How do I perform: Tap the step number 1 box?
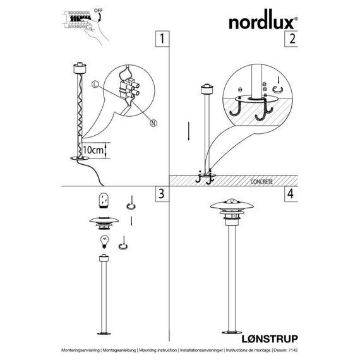[162, 39]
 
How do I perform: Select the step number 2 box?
[291, 39]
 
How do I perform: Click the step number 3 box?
[162, 194]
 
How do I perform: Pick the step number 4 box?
[291, 194]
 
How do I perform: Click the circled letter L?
[95, 84]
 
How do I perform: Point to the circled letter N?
[153, 123]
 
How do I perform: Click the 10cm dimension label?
[93, 150]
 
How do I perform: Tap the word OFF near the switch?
[99, 11]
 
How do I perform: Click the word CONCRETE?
[261, 182]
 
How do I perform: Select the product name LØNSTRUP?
[270, 339]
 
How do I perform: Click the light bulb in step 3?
[104, 242]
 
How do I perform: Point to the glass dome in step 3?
[104, 200]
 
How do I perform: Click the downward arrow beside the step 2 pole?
[188, 131]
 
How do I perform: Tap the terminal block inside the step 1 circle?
[128, 90]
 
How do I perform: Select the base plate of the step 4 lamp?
[232, 332]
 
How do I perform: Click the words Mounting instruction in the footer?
[158, 350]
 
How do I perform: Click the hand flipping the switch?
[95, 31]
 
